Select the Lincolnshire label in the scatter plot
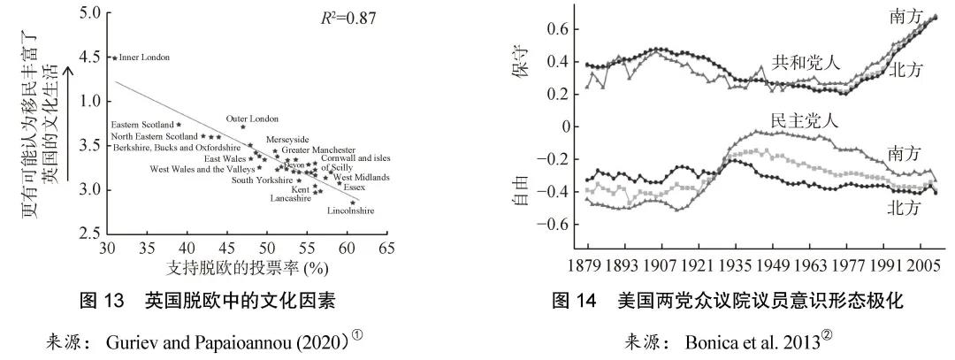coord(350,211)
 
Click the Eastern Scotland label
coord(141,125)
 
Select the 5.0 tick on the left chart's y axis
coord(88,14)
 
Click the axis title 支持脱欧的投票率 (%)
coord(241,266)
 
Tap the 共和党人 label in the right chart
coord(799,62)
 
